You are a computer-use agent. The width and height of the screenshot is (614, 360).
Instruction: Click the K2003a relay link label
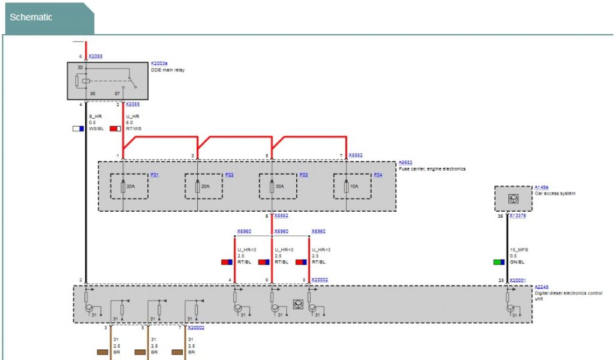(159, 63)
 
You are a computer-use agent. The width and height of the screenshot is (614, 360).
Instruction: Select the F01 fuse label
(154, 175)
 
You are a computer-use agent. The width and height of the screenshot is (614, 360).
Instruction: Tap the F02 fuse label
(229, 175)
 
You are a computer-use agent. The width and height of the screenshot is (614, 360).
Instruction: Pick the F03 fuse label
(303, 175)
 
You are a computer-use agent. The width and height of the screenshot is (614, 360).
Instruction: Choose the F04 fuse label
(378, 175)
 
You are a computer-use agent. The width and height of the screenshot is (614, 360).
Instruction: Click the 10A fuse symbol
(347, 187)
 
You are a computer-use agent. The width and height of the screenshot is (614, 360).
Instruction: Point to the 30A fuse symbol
(272, 187)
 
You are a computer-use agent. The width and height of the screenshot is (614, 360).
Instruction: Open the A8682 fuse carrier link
(406, 163)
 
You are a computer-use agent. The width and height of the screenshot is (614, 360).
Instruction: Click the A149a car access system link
(541, 188)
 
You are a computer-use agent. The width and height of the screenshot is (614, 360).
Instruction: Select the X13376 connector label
(517, 216)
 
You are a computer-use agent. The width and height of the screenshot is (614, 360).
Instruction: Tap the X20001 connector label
(517, 280)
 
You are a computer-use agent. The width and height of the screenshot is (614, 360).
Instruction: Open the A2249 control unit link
(541, 287)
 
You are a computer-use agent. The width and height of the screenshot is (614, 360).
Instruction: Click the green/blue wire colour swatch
(498, 262)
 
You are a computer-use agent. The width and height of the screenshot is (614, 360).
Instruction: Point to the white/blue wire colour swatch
(78, 128)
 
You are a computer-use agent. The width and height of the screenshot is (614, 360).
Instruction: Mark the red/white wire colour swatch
(115, 128)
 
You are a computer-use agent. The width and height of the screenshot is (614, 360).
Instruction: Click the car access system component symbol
(513, 198)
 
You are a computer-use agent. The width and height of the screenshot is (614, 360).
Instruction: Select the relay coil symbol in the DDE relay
(86, 81)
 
